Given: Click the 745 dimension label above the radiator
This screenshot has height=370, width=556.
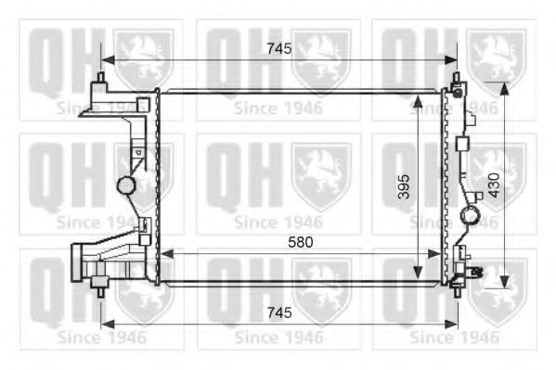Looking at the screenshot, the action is [x=279, y=48].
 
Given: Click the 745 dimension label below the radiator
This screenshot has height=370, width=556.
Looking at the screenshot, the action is [x=279, y=313].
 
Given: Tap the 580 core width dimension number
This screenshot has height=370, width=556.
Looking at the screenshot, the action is [x=301, y=242].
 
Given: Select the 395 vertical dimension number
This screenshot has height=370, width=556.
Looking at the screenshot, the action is [x=404, y=186].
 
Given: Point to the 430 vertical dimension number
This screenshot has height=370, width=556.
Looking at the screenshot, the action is [x=494, y=185].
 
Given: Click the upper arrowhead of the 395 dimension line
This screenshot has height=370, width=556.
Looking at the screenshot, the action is [x=419, y=102].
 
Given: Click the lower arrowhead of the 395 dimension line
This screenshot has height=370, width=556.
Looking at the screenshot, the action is [x=419, y=272].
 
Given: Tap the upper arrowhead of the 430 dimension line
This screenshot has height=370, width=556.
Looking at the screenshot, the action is [x=504, y=89].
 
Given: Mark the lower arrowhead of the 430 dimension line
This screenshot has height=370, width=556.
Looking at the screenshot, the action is [x=504, y=282].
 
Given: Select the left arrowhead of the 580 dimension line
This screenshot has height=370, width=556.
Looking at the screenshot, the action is [x=167, y=254].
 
